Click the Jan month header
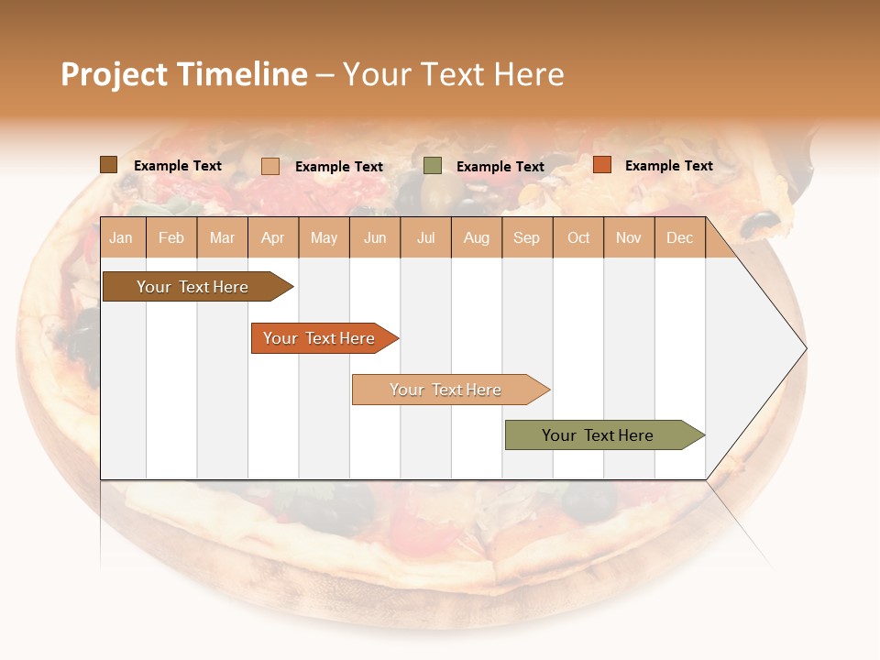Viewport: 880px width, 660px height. coord(122,237)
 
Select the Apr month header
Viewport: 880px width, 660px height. coord(273,237)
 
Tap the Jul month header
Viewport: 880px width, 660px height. coord(425,237)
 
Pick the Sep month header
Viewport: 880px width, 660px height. coord(527,237)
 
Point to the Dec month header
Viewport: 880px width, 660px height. coord(679,237)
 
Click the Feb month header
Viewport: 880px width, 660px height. coord(171,237)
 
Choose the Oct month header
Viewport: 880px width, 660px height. coord(578,237)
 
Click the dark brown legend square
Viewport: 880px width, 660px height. coord(109,165)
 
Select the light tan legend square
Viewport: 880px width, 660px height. coord(270,166)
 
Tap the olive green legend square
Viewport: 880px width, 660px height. coord(433,166)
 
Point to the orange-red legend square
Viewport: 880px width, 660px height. coord(602,165)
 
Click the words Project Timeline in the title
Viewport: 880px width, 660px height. coord(184,74)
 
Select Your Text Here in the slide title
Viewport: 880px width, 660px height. coord(453,74)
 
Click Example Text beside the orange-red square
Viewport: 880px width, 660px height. coord(668,166)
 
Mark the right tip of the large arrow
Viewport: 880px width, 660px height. coord(805,348)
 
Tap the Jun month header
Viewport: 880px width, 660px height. coord(375,237)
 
